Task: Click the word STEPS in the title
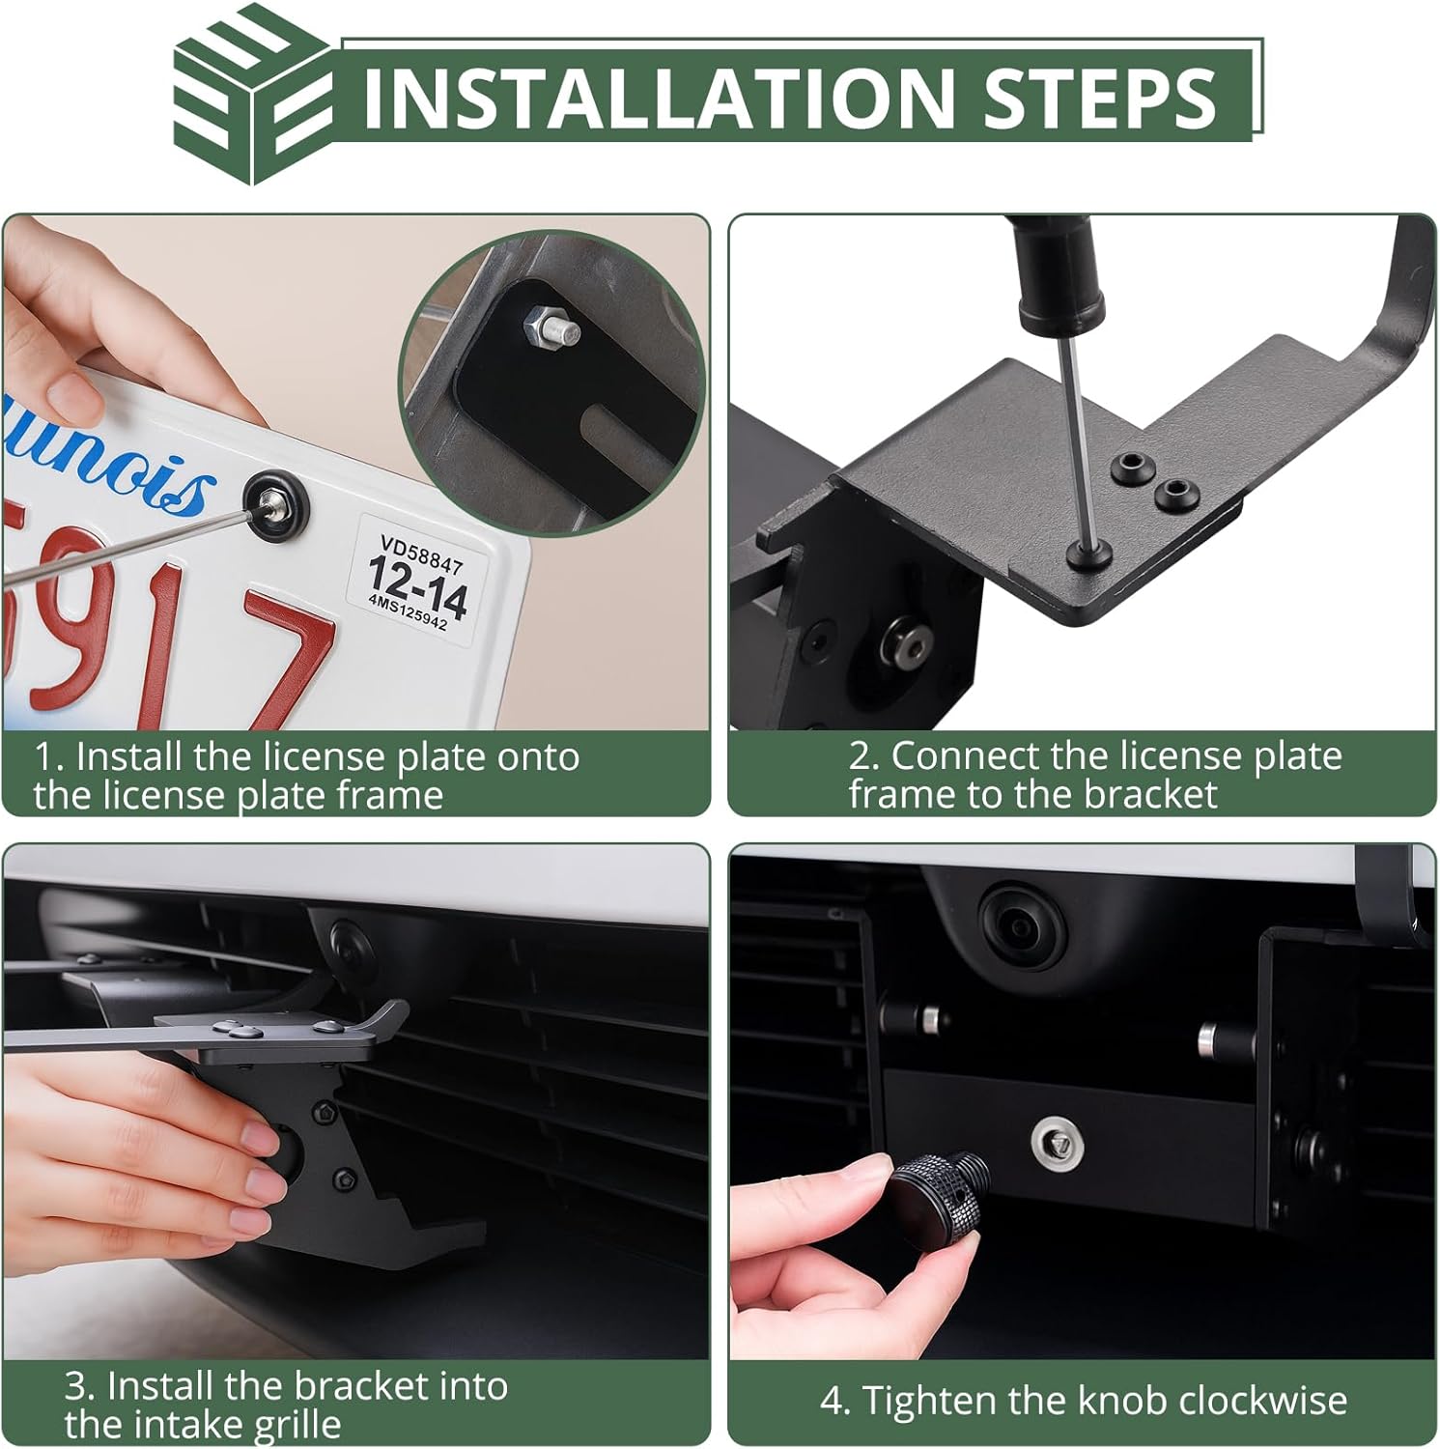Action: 1099,97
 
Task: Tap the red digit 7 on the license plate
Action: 283,657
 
